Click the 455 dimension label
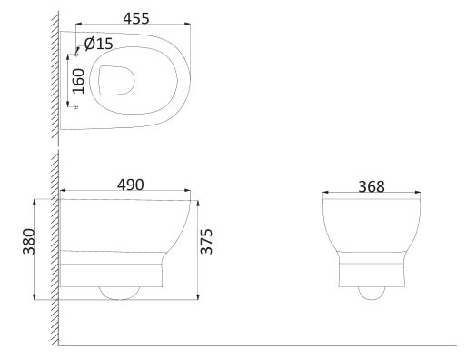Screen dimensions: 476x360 click(136, 18)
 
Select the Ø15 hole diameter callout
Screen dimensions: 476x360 click(99, 44)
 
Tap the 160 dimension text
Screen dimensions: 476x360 click(79, 81)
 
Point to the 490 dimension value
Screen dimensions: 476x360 click(131, 185)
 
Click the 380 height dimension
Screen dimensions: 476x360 click(29, 241)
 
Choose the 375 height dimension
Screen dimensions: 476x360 click(206, 241)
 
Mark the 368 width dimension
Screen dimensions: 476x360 click(372, 186)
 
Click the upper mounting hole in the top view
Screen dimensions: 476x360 click(76, 55)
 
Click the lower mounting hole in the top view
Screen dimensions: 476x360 click(76, 106)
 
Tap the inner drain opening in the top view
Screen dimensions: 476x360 click(116, 80)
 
